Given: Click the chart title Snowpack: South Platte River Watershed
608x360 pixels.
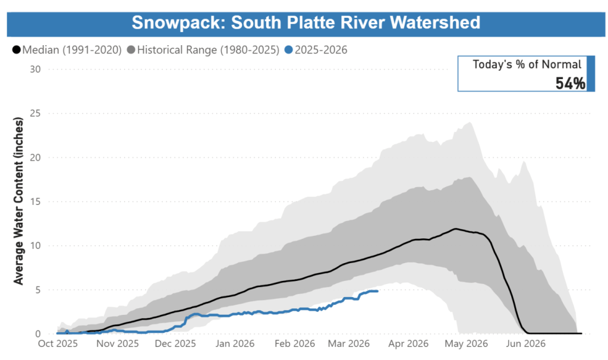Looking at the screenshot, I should coord(305,22).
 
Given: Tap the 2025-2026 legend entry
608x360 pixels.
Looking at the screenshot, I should coord(322,50).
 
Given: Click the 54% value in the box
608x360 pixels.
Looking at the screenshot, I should coord(570,83).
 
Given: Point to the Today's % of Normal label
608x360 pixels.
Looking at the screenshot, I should coord(527,65).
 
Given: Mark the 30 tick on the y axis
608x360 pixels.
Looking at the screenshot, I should coord(35,69).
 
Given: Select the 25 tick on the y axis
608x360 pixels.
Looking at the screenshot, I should coord(35,113).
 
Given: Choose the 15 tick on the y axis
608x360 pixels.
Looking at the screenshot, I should coord(35,201).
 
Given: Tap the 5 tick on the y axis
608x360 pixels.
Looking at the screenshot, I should coord(37,290).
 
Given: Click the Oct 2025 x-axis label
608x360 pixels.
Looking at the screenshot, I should coord(58,344).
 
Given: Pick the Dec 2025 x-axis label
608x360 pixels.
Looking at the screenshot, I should coord(175,344).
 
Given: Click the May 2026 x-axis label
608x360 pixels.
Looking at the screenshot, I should coord(467,344).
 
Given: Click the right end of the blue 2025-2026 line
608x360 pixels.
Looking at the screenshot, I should coord(377,291).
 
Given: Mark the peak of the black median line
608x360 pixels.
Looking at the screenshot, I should coord(456,229).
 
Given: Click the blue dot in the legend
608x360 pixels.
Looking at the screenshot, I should coord(289,50).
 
